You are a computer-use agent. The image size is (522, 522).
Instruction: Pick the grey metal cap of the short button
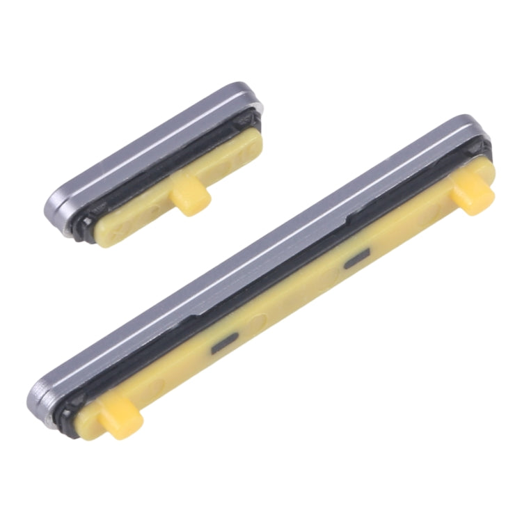tap(146, 146)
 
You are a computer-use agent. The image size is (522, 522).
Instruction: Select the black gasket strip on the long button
tap(278, 278)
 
